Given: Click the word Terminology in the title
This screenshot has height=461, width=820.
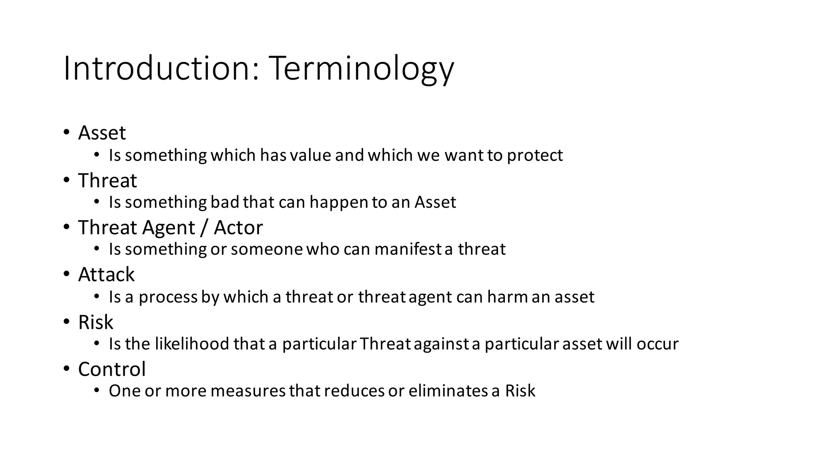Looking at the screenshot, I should tap(362, 69).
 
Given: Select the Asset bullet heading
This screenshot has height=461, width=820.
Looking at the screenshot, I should tap(102, 133).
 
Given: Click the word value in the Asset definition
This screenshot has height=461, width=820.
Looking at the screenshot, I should tap(311, 155).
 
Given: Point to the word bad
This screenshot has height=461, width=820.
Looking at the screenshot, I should tap(225, 202).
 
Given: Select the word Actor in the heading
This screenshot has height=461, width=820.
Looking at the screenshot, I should tap(238, 228).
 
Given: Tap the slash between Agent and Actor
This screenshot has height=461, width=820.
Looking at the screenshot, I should tap(204, 228).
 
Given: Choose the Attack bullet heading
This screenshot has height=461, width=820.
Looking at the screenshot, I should tap(106, 275).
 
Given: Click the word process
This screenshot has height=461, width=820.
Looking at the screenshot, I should tap(168, 297).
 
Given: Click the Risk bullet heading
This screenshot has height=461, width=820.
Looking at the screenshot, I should tap(96, 322).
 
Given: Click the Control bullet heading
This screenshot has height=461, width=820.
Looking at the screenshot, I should tap(112, 369).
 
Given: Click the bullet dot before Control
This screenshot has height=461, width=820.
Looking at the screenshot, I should tap(66, 369).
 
